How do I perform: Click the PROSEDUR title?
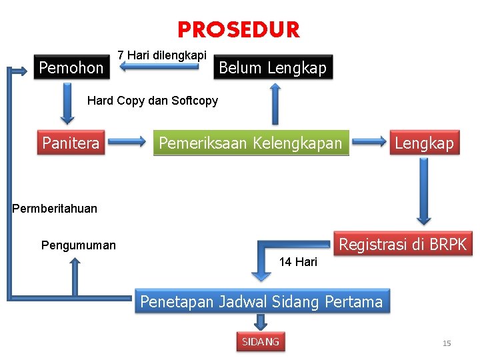pos(239,30)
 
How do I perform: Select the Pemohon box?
pos(71,67)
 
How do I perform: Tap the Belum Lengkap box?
pos(273,67)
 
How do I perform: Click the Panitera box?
pos(71,143)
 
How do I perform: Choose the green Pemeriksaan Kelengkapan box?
pos(251,143)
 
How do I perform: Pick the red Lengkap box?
pos(424,143)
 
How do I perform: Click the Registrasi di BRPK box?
pos(403,244)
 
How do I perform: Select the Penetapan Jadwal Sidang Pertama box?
pos(261,302)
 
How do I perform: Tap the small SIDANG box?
pos(261,342)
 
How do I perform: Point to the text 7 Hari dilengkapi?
pos(162,55)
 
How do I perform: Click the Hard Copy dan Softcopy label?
pos(153,101)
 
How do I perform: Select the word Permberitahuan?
pos(55,209)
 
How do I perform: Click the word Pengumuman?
pos(78,245)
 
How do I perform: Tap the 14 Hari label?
pos(298,262)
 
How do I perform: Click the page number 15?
pos(447,343)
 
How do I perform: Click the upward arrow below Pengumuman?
pos(75,277)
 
